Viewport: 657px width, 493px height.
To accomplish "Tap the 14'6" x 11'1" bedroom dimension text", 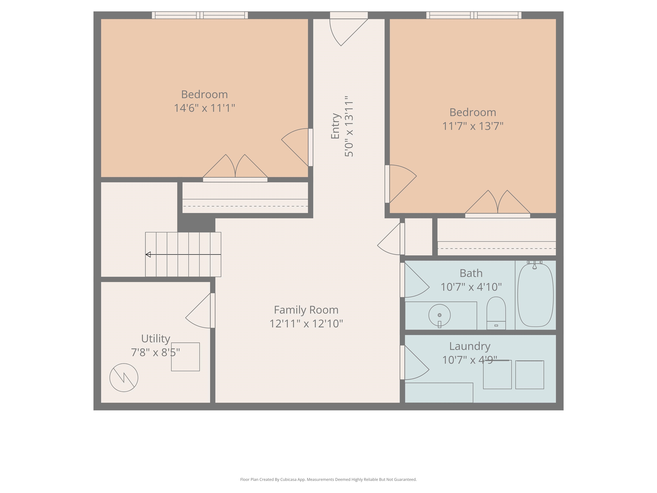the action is (204, 108).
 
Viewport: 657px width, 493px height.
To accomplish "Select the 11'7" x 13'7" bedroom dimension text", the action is (473, 126).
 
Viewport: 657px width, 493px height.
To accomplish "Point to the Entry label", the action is (335, 126).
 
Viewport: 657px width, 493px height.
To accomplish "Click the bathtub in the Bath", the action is (535, 295).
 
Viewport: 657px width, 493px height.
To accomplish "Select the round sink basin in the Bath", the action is (439, 315).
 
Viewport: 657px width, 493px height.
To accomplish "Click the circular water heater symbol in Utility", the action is (124, 377).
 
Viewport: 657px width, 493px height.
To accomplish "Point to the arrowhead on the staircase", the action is (148, 254).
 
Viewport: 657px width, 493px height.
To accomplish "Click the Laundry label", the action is (470, 346).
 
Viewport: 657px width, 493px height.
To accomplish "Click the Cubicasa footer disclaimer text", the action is (328, 479).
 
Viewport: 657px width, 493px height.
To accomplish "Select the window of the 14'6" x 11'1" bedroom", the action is (200, 15).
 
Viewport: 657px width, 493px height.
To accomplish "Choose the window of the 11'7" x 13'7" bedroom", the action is (474, 15).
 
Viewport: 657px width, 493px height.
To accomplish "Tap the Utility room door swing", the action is (198, 310).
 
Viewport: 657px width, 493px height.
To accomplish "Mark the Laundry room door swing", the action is (417, 362).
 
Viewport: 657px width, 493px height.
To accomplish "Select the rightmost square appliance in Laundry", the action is (530, 375).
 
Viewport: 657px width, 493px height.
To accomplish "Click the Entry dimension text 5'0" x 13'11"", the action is (349, 126).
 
